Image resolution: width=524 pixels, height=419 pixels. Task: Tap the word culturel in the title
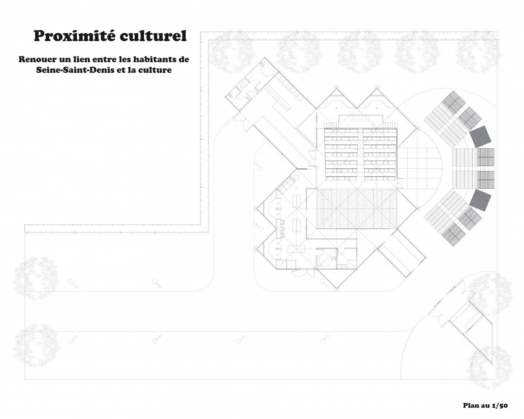click(x=153, y=36)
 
